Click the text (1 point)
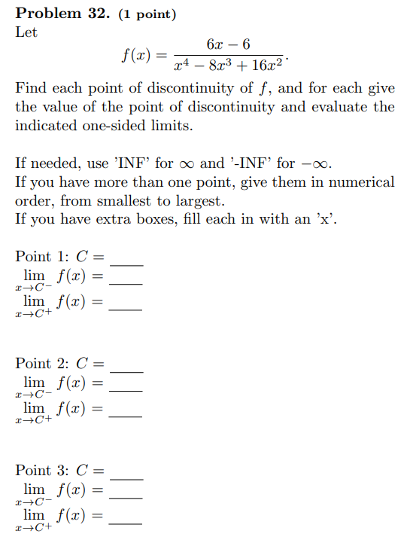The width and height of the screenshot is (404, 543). tap(147, 14)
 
